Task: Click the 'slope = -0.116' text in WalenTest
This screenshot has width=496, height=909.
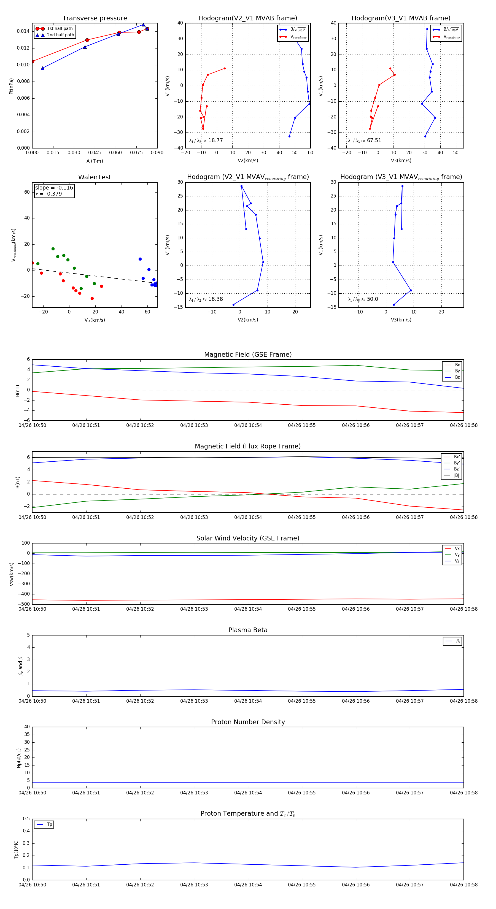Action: click(54, 188)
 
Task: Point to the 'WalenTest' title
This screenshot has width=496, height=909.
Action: click(95, 177)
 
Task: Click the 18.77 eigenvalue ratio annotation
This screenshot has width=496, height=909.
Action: click(206, 140)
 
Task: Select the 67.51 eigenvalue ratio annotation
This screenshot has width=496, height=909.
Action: click(364, 140)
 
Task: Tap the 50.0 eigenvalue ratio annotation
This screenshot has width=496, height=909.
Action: click(363, 299)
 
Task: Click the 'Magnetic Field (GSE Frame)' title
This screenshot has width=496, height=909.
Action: click(248, 355)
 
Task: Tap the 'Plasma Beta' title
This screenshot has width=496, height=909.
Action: click(248, 630)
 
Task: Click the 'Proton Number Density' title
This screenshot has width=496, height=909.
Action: click(248, 722)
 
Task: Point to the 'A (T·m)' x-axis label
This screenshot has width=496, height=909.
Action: click(95, 161)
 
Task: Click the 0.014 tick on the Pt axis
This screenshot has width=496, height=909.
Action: click(23, 31)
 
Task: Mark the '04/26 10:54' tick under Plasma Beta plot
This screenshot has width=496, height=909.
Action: click(248, 701)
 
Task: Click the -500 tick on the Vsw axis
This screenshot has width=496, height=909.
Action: click(24, 604)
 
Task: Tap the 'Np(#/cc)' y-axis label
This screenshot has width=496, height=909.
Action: click(19, 758)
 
